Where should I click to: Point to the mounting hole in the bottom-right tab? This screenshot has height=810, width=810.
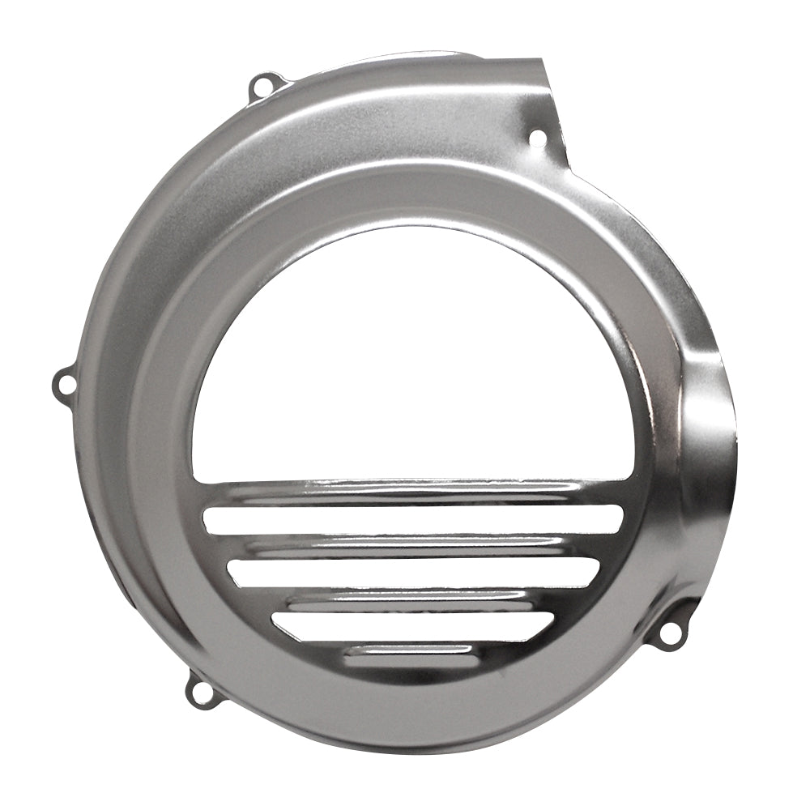pyautogui.click(x=671, y=632)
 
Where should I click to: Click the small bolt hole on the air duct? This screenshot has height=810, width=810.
pyautogui.click(x=537, y=139)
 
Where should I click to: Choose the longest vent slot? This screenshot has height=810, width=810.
pyautogui.click(x=413, y=519)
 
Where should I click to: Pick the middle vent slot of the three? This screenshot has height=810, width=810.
pyautogui.click(x=413, y=573)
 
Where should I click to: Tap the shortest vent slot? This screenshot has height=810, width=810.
pyautogui.click(x=413, y=625)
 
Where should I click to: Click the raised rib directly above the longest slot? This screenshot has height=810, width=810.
pyautogui.click(x=413, y=490)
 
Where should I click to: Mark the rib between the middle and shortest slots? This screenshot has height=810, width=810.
pyautogui.click(x=413, y=599)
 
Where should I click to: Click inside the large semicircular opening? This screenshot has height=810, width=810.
pyautogui.click(x=413, y=356)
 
